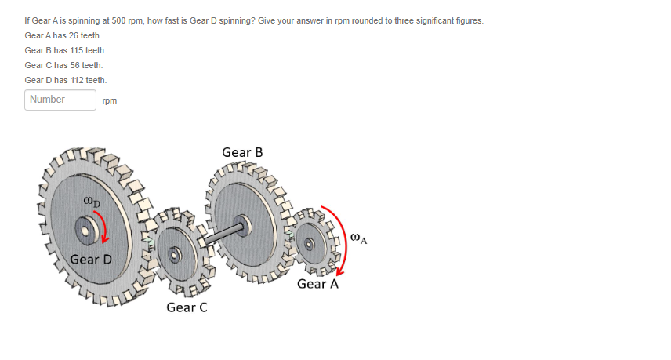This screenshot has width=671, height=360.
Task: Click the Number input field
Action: tap(60, 100)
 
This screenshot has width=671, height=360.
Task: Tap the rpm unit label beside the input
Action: tap(110, 100)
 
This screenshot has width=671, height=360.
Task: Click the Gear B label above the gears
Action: tap(242, 152)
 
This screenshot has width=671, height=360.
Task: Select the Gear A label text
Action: tap(317, 284)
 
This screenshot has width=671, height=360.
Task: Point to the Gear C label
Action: tap(187, 307)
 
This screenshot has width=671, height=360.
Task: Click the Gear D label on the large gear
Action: tap(91, 259)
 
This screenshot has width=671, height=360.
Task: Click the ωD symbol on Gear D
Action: tap(91, 202)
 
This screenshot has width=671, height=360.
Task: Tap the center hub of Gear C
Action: tap(176, 253)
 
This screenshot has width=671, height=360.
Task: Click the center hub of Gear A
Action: tap(310, 243)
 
